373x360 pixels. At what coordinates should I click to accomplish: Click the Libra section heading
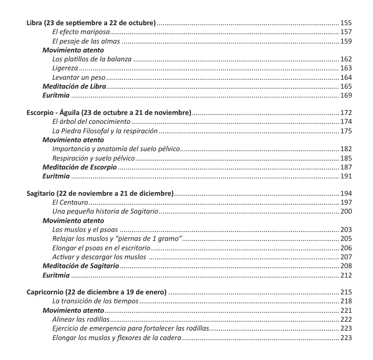[x=91, y=23]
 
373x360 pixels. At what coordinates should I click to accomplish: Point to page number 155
[x=346, y=23]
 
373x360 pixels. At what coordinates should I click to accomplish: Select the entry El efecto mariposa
[x=77, y=32]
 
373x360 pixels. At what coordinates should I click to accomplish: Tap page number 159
[x=346, y=41]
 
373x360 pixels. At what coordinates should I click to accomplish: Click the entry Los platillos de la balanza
[x=92, y=59]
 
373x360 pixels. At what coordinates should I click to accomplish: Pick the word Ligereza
[x=65, y=68]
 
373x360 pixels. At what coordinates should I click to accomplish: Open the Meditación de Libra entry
[x=74, y=86]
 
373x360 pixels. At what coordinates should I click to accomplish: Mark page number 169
[x=346, y=95]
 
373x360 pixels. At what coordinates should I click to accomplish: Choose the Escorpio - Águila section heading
[x=109, y=113]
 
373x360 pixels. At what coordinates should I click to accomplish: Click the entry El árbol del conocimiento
[x=91, y=122]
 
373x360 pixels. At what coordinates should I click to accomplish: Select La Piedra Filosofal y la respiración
[x=105, y=131]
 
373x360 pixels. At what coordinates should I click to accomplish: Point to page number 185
[x=346, y=158]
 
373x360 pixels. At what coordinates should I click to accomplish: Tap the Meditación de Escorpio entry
[x=79, y=167]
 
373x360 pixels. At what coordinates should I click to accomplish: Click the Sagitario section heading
[x=100, y=194]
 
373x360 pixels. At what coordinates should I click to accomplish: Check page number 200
[x=346, y=211]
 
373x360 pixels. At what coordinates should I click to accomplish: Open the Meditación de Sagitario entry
[x=80, y=266]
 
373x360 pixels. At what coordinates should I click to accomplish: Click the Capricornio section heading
[x=96, y=292]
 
